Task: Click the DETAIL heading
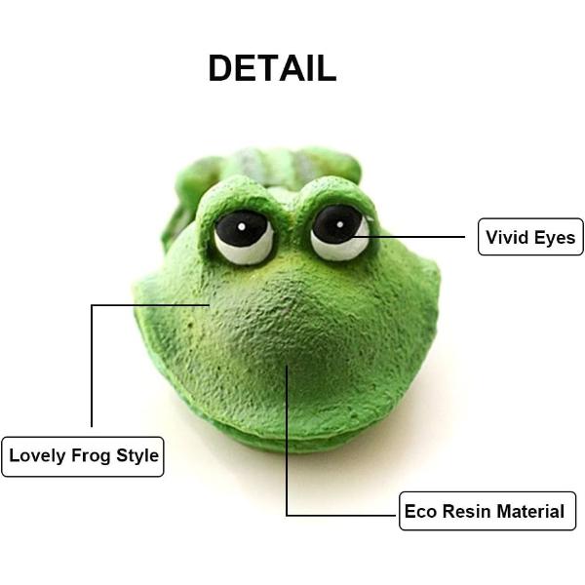click(x=272, y=68)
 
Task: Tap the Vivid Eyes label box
click(x=530, y=237)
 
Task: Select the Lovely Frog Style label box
click(x=82, y=455)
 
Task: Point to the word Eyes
click(x=555, y=237)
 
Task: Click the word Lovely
click(x=38, y=455)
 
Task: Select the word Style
click(x=137, y=455)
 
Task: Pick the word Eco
click(x=420, y=511)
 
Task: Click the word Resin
click(x=465, y=511)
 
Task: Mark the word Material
click(x=530, y=511)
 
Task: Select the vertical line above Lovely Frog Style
click(x=92, y=366)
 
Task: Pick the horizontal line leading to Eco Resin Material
click(x=341, y=515)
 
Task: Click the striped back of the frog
click(x=283, y=162)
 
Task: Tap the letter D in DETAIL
click(x=222, y=68)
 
